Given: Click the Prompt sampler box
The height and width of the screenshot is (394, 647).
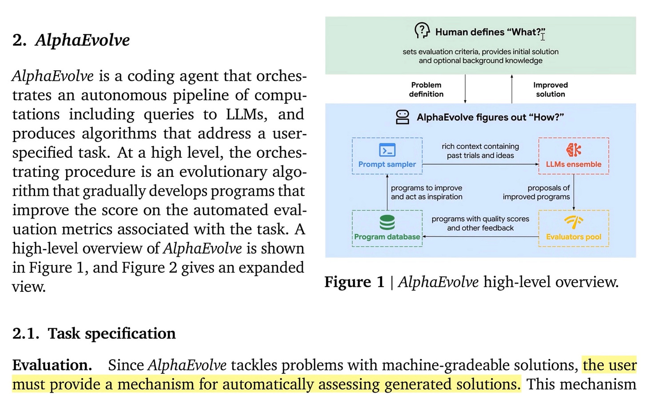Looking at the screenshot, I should (387, 156).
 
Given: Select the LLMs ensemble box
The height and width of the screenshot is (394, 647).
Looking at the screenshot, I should (573, 156).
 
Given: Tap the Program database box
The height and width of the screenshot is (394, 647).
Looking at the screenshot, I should (387, 228).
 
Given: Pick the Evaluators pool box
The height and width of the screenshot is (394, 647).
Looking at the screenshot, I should (573, 228).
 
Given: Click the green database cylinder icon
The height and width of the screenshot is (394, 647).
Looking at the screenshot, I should (387, 222).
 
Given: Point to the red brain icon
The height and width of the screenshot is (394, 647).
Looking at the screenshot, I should (574, 150).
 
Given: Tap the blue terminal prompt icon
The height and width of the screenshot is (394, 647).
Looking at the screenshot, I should (387, 150).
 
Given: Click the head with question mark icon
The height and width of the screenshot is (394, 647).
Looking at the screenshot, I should (422, 31).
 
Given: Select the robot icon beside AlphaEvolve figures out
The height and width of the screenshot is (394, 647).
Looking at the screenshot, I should (403, 117).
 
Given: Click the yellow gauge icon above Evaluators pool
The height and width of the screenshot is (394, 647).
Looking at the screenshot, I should (574, 222).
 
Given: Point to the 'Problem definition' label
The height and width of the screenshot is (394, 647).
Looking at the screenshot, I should (426, 89).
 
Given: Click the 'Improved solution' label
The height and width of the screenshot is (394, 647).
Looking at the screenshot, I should (550, 89).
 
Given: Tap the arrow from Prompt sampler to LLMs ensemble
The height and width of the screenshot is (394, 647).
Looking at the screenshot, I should (480, 164).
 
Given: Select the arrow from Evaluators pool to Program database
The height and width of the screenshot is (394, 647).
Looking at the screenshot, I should (480, 237).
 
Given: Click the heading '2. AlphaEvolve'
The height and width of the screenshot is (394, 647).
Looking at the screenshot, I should (71, 40).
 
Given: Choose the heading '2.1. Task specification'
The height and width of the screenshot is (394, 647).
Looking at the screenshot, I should (94, 333).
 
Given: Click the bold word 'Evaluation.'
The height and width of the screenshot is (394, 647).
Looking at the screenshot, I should (52, 365).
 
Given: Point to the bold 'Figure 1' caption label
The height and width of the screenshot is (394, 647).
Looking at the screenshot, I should (354, 282).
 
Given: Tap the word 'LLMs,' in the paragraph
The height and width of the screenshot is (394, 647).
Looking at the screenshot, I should (246, 114).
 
